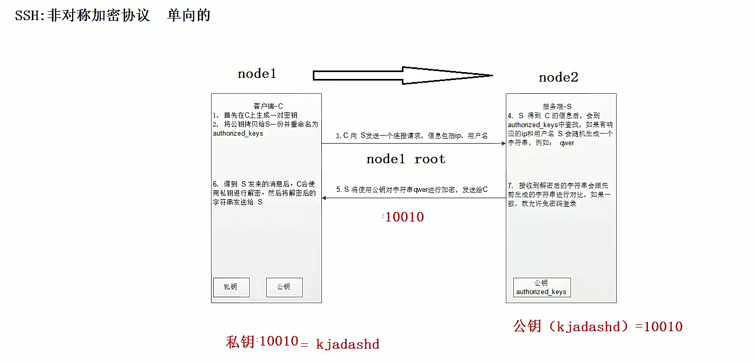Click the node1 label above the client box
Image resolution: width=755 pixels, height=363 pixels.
257,74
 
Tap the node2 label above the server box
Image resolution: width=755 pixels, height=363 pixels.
558,77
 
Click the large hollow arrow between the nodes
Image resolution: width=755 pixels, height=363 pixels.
403,75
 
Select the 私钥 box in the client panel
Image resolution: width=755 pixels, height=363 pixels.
230,287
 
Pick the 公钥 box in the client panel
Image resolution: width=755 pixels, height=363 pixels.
284,287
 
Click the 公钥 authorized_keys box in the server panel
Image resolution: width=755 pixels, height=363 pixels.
541,287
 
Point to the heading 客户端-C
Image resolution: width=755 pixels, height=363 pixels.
268,106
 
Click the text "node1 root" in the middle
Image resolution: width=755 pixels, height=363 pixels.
406,159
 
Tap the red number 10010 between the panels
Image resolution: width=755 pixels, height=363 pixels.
404,217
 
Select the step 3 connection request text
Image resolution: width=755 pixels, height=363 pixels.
411,136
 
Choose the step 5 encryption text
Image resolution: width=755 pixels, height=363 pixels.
411,189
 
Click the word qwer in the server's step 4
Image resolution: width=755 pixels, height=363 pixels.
567,143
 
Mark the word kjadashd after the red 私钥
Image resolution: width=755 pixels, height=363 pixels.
347,344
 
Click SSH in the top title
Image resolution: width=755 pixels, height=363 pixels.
26,15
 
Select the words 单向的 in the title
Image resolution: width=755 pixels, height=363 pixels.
189,15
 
